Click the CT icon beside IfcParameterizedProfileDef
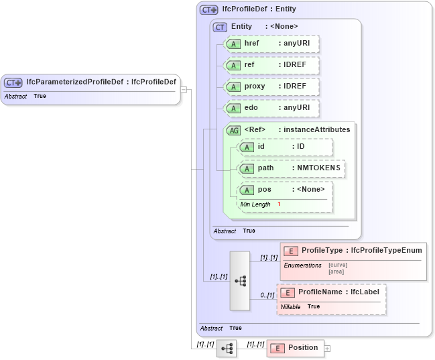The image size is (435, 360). point(13,82)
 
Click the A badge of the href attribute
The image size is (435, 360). point(233,44)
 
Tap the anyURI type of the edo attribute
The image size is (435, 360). point(296,108)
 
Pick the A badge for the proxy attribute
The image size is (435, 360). point(233,86)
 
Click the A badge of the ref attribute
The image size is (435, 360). point(233,65)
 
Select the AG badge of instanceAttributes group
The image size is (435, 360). point(233,130)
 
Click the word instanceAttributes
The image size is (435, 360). point(316,129)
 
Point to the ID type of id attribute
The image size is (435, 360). point(301,146)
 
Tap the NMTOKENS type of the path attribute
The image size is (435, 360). point(320,168)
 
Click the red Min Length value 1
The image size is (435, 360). point(279,204)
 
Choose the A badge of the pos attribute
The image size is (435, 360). point(246,190)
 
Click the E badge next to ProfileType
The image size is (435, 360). point(290,251)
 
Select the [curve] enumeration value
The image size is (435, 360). point(338,265)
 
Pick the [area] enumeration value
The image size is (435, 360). point(336,272)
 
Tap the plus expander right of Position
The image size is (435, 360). point(328,349)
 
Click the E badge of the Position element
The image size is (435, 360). point(277,348)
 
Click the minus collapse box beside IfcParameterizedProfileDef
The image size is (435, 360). point(184,89)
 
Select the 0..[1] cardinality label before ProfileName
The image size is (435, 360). point(267,295)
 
